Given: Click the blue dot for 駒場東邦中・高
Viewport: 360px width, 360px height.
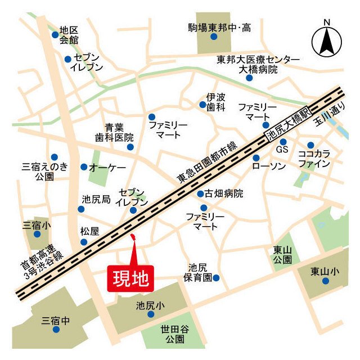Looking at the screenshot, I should [x=214, y=37].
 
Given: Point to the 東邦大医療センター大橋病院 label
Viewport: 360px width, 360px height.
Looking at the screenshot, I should [x=258, y=65].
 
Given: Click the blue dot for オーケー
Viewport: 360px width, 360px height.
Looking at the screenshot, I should [x=84, y=167].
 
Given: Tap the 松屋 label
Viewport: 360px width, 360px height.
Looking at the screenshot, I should [x=89, y=231].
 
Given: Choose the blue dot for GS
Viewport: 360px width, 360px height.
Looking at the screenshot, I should [x=283, y=142].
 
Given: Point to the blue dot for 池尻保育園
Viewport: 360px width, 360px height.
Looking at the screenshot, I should [x=216, y=277].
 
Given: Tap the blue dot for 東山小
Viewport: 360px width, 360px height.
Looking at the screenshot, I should [x=325, y=281].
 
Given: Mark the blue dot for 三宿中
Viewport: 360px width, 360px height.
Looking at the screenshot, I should [x=56, y=330].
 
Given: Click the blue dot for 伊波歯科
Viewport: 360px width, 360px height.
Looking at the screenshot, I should [x=202, y=105].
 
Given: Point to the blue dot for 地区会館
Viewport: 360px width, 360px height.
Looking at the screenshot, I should [x=55, y=35].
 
